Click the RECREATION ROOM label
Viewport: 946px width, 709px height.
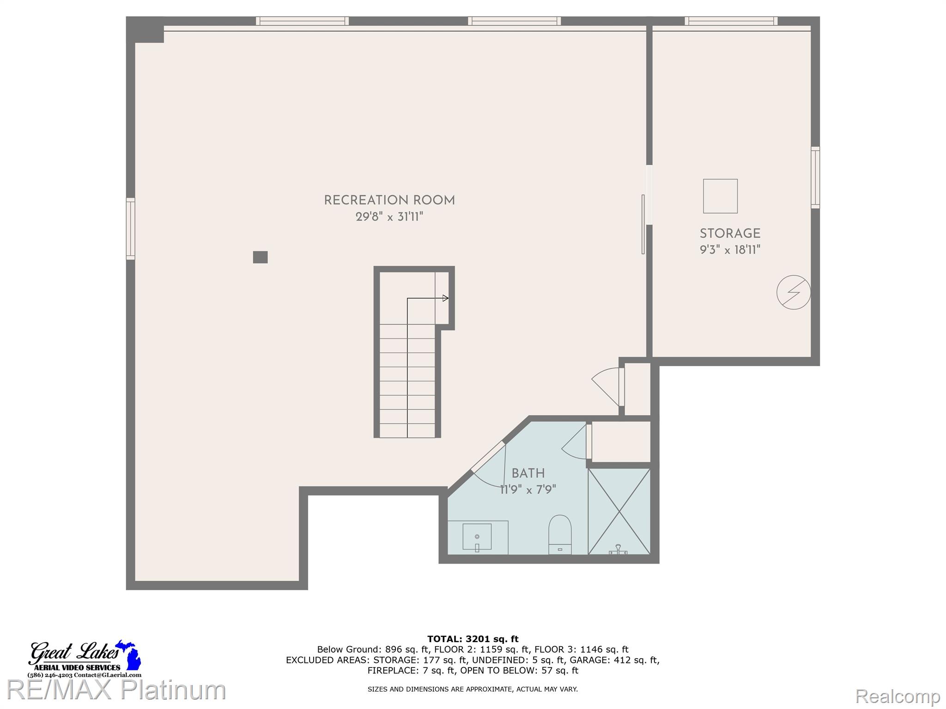(x=389, y=200)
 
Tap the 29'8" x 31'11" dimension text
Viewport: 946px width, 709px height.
(x=389, y=216)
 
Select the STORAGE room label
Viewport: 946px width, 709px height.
(x=730, y=234)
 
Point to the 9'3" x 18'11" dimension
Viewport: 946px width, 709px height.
(x=730, y=250)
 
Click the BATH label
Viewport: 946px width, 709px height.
(x=528, y=473)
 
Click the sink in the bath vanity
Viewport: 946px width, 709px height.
(x=477, y=537)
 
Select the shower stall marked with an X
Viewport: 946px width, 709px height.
(x=619, y=511)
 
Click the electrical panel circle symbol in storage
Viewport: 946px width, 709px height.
(x=793, y=292)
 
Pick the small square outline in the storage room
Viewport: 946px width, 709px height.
(x=720, y=196)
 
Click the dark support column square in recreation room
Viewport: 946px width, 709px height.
(x=260, y=257)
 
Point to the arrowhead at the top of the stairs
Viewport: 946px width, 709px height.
(x=446, y=298)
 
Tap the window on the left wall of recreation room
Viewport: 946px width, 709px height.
(x=131, y=228)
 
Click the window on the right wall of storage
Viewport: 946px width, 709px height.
(x=815, y=177)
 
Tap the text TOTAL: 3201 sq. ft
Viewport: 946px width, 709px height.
(x=473, y=639)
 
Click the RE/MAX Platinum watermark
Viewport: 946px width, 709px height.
(x=115, y=690)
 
